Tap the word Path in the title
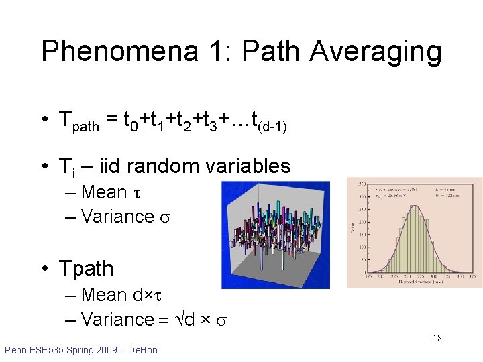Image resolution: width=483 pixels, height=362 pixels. (x=268, y=52)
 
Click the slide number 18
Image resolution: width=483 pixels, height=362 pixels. (x=436, y=338)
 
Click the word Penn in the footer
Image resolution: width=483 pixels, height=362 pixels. (x=16, y=350)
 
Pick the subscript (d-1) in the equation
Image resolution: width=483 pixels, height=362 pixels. (x=274, y=126)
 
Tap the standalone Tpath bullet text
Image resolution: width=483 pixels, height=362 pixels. (x=87, y=269)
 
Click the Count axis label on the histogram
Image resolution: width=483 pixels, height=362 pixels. (x=352, y=228)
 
